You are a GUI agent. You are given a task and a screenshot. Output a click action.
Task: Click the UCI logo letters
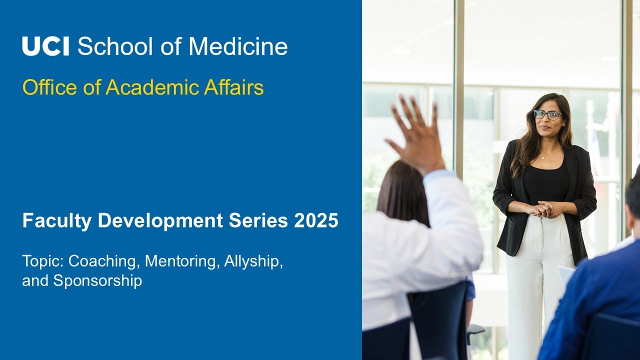(x=46, y=46)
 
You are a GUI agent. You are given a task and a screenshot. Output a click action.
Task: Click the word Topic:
(x=43, y=261)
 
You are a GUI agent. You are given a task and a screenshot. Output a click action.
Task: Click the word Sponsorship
(x=97, y=280)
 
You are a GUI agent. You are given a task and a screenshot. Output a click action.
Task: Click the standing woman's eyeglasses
(x=547, y=114)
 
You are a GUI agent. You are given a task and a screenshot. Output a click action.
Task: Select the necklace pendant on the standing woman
(x=543, y=157)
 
